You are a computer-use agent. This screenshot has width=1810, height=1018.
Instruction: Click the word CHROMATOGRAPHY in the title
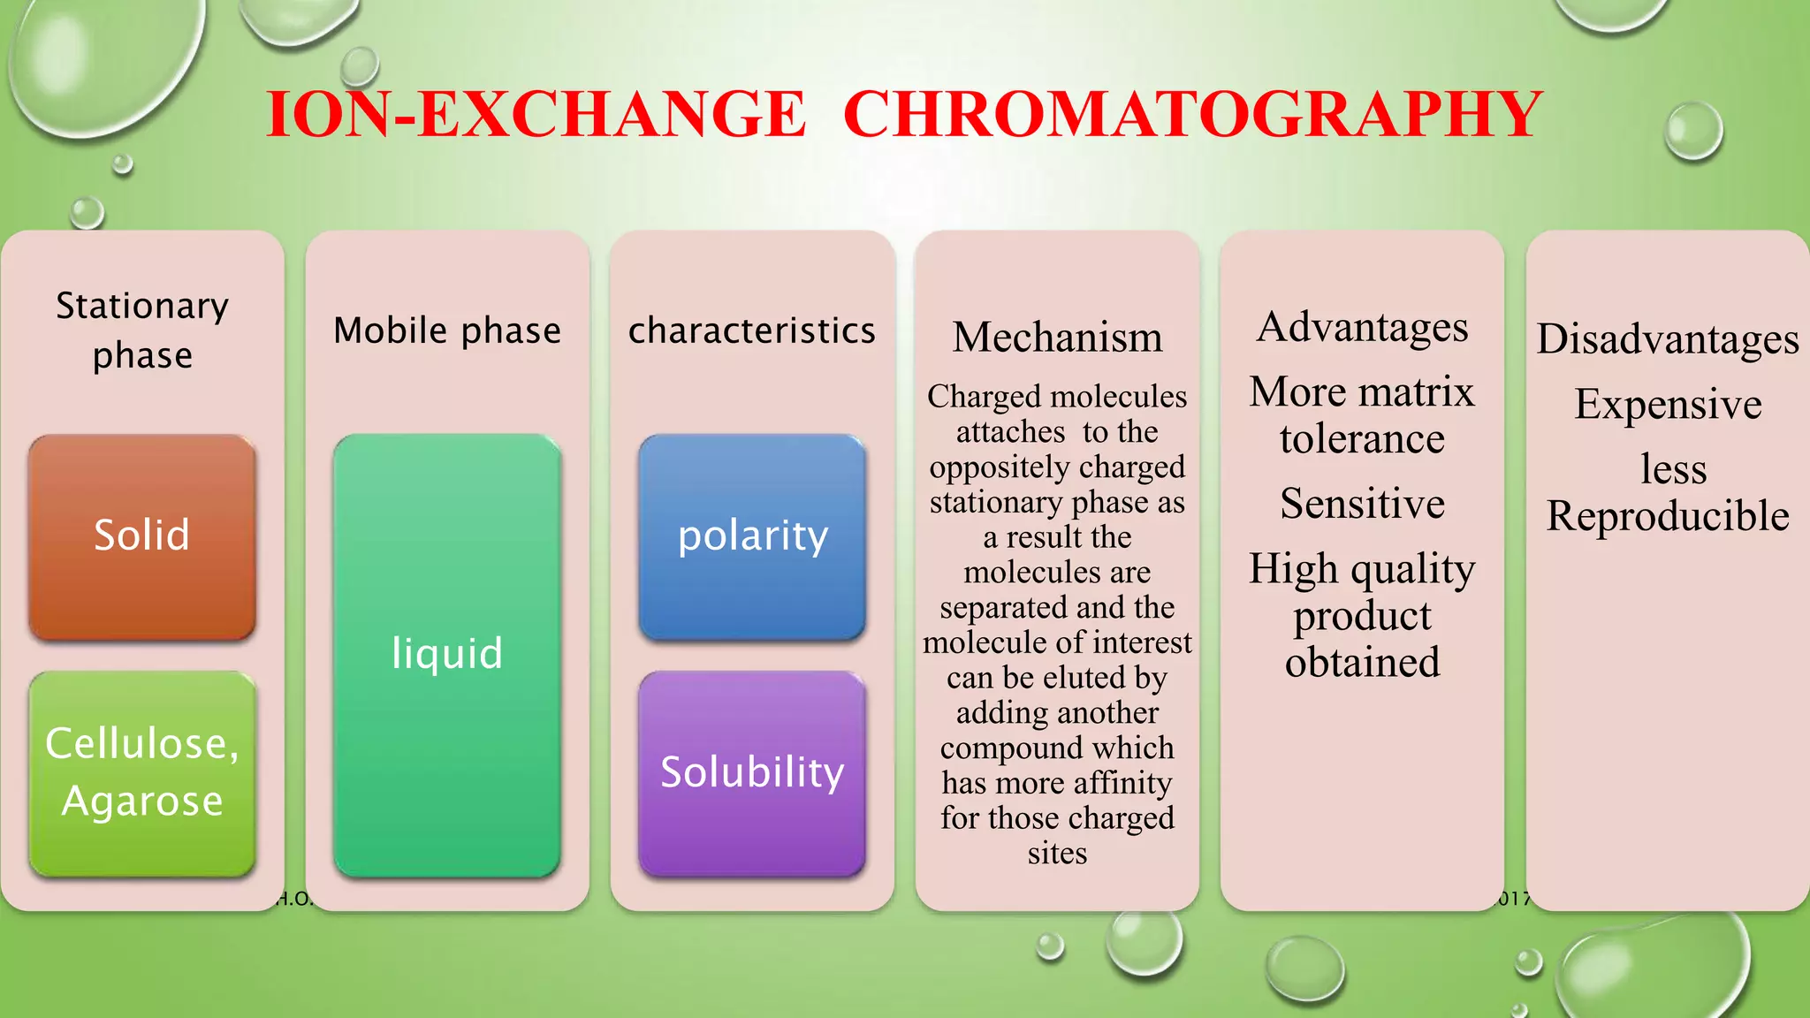(x=1192, y=115)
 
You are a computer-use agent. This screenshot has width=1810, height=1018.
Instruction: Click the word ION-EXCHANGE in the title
(x=536, y=115)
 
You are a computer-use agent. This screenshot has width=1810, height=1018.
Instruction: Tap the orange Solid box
(x=142, y=536)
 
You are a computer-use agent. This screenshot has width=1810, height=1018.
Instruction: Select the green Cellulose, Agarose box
(x=142, y=772)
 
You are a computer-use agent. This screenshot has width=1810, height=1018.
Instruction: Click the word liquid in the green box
(x=447, y=654)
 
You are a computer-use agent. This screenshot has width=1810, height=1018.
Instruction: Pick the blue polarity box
(x=752, y=536)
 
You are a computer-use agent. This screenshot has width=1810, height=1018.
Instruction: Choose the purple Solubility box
(x=752, y=772)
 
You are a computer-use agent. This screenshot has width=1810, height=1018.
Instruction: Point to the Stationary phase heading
(x=142, y=330)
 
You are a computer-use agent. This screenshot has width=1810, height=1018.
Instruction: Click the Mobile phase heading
(x=447, y=330)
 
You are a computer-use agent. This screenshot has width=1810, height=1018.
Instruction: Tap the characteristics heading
(x=752, y=330)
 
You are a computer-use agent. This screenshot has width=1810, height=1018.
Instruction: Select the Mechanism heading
(x=1057, y=338)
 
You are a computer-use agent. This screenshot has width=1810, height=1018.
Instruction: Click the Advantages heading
(x=1362, y=327)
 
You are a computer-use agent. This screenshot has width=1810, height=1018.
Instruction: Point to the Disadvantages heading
(x=1668, y=338)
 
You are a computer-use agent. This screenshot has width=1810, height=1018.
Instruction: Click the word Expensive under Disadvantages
(x=1668, y=404)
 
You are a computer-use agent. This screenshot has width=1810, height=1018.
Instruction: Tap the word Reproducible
(x=1668, y=515)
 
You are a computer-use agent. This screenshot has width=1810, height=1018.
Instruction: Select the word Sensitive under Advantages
(x=1362, y=504)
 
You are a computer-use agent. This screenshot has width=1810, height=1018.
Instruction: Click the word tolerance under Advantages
(x=1362, y=438)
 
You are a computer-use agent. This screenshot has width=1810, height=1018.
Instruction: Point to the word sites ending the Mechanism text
(x=1057, y=853)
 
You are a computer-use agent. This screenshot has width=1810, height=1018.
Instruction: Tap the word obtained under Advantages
(x=1362, y=662)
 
